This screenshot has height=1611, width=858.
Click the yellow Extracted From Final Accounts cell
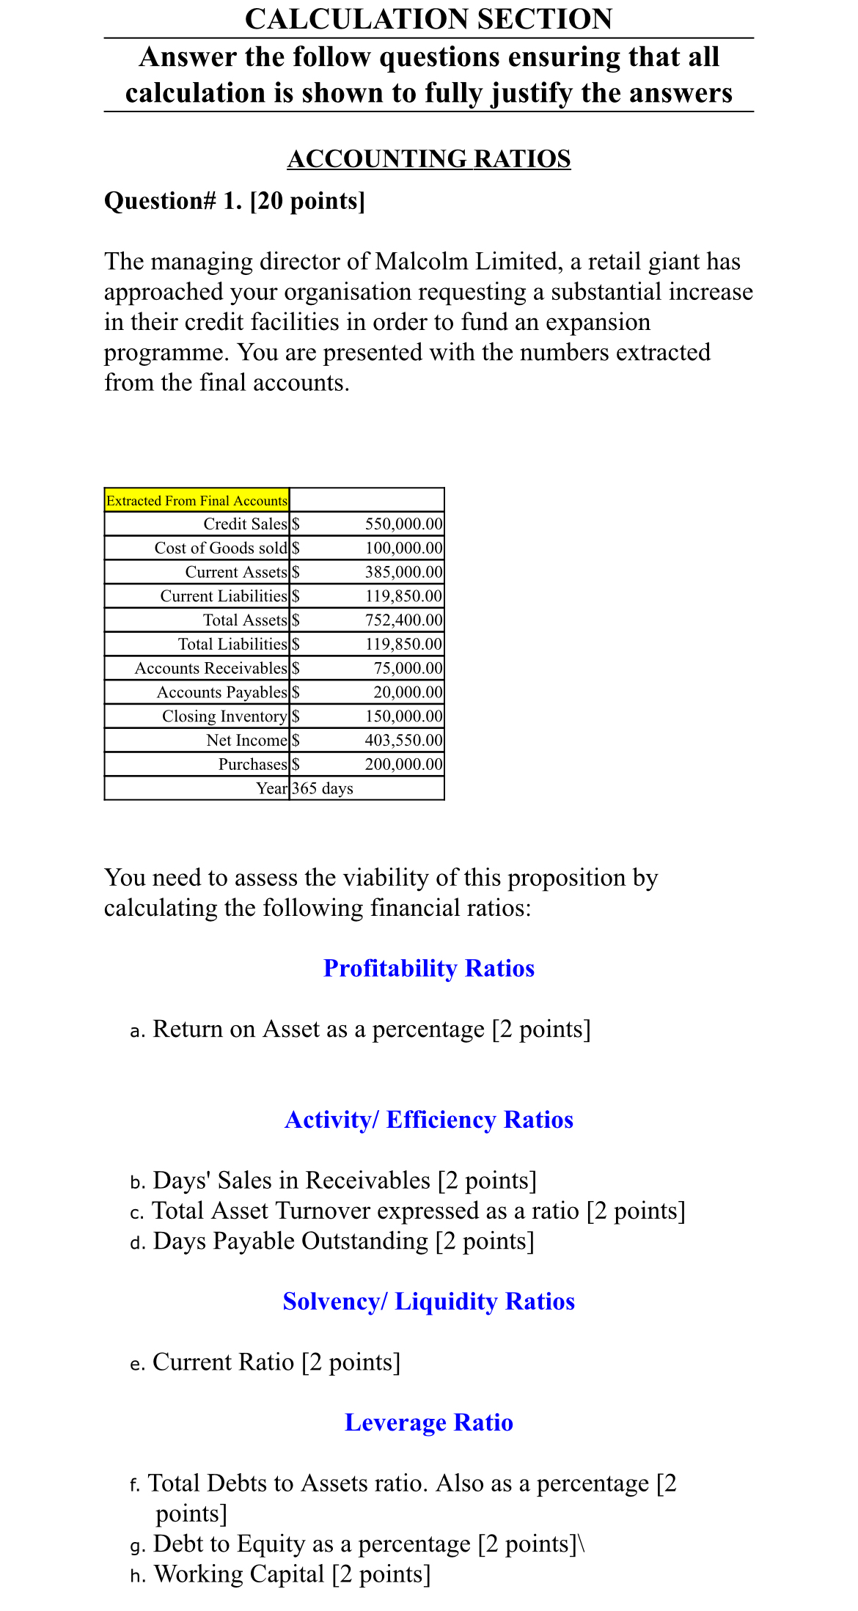tap(197, 500)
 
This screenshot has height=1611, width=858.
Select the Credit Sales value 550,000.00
tap(403, 524)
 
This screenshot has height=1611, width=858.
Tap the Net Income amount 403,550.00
tap(403, 740)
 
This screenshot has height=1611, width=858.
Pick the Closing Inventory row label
tap(224, 716)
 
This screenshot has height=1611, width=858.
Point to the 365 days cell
tap(323, 788)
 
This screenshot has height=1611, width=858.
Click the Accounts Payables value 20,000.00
tap(408, 692)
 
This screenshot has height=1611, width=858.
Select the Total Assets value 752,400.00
tap(403, 620)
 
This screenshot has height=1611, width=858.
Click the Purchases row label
tap(252, 764)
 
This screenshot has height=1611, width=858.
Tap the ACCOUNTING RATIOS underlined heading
tap(428, 158)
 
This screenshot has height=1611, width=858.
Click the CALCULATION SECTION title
tap(428, 19)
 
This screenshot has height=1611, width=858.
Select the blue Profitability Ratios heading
tap(428, 968)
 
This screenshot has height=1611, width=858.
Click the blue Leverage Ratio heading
tap(428, 1422)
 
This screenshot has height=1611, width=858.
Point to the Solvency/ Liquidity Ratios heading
tap(428, 1301)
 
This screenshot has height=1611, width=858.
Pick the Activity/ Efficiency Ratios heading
tap(428, 1120)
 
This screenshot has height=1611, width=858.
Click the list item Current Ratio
tap(223, 1362)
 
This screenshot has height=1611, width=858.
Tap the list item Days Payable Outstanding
tap(290, 1241)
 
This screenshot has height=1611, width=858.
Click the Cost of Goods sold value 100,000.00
tap(403, 548)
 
